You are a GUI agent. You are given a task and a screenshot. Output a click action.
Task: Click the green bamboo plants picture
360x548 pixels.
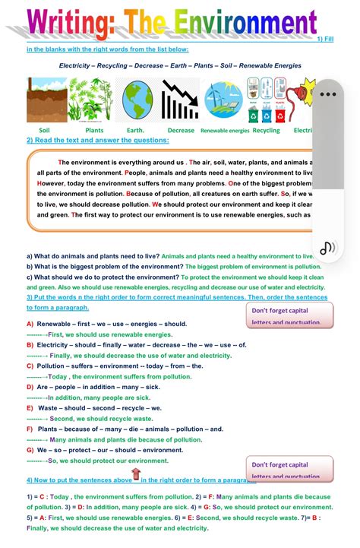pos(94,100)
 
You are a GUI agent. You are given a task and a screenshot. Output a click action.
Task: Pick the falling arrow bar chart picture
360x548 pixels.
pos(180,100)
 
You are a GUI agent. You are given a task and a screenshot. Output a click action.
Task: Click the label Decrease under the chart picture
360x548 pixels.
pos(181,131)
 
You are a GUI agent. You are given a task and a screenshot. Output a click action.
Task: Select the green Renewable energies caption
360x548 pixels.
pos(224,131)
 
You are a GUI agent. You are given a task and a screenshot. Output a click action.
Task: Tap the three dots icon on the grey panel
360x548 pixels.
pos(327,95)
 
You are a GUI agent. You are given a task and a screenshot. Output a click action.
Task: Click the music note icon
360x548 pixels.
pos(327,247)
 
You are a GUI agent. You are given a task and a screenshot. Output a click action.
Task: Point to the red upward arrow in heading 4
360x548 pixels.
pos(137,476)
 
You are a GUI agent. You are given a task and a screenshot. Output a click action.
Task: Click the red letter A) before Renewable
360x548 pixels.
pos(30,325)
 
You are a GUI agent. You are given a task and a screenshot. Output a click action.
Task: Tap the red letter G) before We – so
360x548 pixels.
pos(30,450)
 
